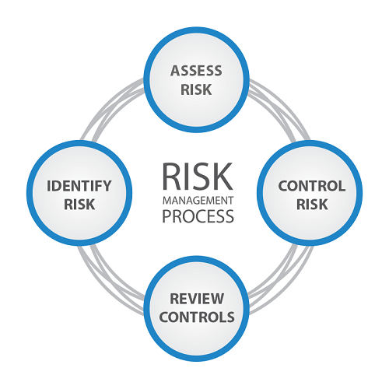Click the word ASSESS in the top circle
(196, 71)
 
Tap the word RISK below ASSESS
(196, 89)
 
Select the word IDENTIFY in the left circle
(79, 186)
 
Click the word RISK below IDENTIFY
(79, 205)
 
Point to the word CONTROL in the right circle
(312, 186)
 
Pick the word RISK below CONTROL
(312, 205)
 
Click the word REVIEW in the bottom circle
(197, 299)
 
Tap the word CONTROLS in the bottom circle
(197, 317)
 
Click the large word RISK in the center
(198, 177)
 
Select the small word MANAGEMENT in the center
(198, 201)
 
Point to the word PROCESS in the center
(198, 216)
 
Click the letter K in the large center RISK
(223, 177)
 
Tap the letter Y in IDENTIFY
(107, 186)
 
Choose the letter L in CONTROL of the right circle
(342, 186)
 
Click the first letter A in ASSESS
(175, 71)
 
